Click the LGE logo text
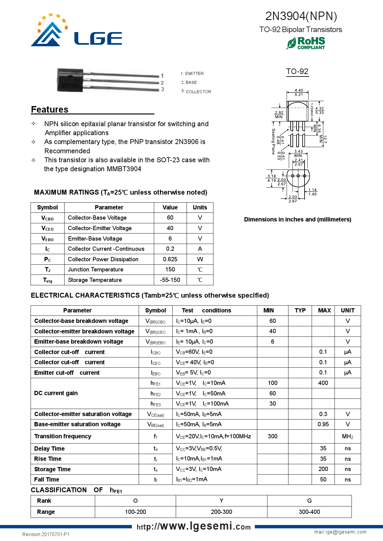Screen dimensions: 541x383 98,39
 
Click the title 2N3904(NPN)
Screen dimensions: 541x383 301,16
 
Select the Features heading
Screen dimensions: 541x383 50,109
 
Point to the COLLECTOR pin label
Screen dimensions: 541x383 198,92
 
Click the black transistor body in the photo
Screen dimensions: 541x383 70,80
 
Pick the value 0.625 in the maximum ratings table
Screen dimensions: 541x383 170,259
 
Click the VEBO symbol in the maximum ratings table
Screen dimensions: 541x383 48,239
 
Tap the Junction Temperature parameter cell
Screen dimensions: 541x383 95,270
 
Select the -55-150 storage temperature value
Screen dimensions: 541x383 170,280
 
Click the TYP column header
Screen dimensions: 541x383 300,310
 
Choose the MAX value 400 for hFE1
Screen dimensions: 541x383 323,383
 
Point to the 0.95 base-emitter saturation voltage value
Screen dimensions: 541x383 323,424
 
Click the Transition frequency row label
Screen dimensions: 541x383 63,436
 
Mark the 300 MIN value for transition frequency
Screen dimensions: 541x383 272,436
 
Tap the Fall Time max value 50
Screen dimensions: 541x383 323,479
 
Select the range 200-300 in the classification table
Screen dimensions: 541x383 221,512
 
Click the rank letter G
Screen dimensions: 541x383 309,501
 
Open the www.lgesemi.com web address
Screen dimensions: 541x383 194,526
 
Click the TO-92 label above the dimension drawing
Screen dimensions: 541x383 297,72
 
